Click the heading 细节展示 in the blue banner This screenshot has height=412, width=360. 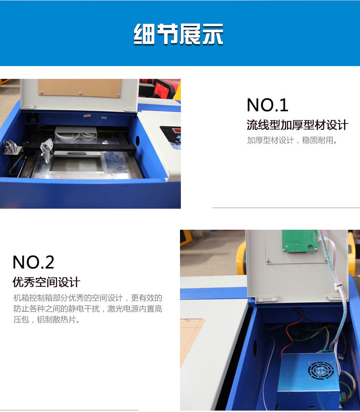coord(179,34)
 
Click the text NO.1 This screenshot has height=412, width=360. coord(267,105)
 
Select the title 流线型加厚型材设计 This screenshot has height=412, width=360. coord(297,125)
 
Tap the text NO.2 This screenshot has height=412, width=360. coord(33,262)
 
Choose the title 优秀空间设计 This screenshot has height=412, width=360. coord(46,282)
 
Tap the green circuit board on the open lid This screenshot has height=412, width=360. coord(299,241)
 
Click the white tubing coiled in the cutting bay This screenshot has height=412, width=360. coord(76,135)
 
